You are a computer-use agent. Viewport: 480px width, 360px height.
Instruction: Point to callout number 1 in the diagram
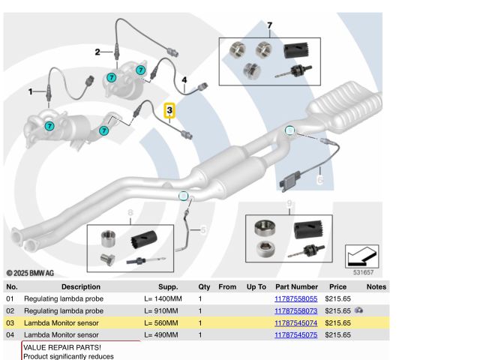[x=31, y=91]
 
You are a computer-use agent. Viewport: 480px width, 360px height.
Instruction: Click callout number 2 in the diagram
[x=97, y=52]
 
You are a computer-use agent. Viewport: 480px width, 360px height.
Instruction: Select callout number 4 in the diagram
[x=184, y=79]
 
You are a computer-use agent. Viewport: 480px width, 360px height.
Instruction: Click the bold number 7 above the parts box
[x=269, y=25]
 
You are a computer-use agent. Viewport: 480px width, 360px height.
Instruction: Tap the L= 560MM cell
[x=161, y=322]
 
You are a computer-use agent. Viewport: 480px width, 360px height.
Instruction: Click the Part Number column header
[x=296, y=286]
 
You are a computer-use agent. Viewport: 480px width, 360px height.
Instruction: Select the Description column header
[x=81, y=286]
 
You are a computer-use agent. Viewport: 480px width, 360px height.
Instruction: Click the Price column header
[x=337, y=286]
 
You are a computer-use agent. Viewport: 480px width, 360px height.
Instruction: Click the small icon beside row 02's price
[x=359, y=310]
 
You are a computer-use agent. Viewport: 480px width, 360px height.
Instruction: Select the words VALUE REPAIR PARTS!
[x=62, y=348]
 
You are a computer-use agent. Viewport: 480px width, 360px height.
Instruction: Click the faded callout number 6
[x=319, y=180]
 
